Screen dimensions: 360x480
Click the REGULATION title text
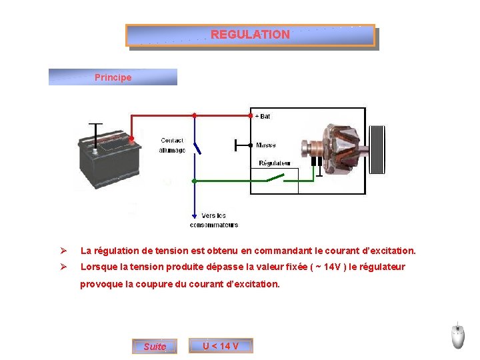(x=250, y=35)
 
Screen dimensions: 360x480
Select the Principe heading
(x=113, y=77)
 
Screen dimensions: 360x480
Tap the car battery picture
(x=107, y=154)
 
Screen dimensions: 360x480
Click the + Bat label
(x=263, y=116)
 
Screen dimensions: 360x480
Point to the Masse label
(x=265, y=145)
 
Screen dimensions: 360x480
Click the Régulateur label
(x=274, y=163)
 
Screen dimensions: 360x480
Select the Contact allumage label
(x=172, y=145)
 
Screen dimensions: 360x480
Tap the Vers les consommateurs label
(x=213, y=220)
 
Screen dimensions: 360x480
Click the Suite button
(x=155, y=347)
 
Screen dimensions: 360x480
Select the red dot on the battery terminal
(x=132, y=139)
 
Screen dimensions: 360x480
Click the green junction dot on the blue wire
(x=194, y=181)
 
